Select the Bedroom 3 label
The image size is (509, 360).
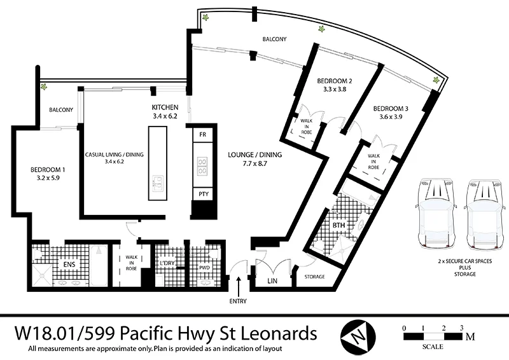[391, 108]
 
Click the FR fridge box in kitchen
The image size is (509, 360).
[202, 135]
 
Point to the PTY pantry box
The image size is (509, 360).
[202, 194]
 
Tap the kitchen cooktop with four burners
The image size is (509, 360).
[202, 165]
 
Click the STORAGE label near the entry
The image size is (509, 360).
[314, 277]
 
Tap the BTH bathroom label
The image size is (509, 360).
[338, 226]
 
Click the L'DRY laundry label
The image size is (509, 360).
[168, 264]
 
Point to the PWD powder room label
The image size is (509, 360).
[204, 268]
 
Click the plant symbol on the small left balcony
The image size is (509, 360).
[44, 88]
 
